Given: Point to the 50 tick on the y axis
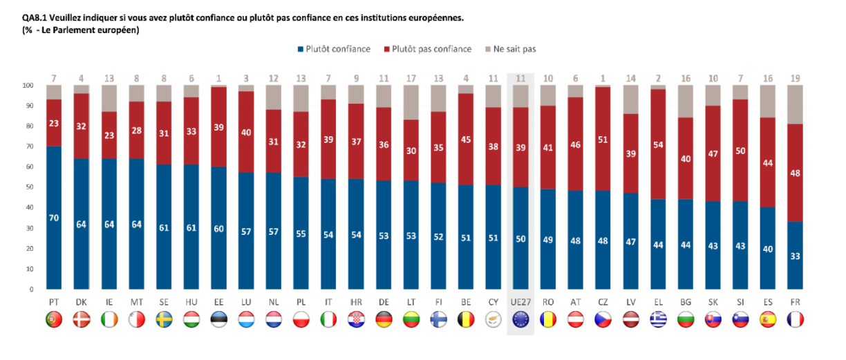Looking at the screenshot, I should (29, 187).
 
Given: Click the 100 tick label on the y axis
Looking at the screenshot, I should (28, 86).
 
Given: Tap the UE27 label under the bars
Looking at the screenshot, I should (520, 301).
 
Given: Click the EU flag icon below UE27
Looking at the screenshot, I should (520, 320).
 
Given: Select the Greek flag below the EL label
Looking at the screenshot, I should (657, 320).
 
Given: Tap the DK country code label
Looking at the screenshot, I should (81, 301).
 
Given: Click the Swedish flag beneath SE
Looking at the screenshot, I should (163, 320).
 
